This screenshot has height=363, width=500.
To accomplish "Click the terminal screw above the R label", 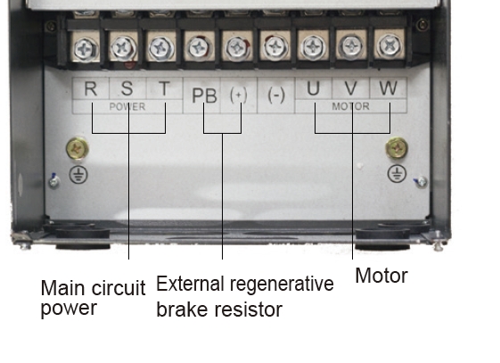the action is [86, 49].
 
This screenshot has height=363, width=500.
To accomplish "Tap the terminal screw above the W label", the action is [389, 46].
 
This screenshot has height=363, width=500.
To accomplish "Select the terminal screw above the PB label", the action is [199, 48].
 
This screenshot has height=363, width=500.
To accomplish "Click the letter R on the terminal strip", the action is [91, 88].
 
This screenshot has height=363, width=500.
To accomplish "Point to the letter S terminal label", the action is [127, 88].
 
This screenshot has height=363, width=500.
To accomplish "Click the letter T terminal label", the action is [164, 88].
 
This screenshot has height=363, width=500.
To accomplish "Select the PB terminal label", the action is [204, 95].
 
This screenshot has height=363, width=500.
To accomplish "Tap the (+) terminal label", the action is [239, 95].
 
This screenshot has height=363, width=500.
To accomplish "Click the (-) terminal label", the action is [275, 95].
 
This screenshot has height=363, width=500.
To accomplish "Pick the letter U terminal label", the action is [313, 88].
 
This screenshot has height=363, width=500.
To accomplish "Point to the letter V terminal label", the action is [351, 88].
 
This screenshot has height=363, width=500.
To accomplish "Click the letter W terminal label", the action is [388, 87].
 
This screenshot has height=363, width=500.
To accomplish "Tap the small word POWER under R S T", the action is [127, 106].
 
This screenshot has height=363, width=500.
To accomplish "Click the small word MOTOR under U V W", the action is [351, 106].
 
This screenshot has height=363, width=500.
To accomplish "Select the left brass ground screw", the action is [78, 148].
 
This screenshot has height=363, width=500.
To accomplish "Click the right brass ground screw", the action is [397, 148].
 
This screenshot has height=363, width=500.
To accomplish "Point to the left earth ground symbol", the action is [78, 175].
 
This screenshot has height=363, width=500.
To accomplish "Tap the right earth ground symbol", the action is [397, 174].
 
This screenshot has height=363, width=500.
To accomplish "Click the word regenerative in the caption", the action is [282, 285].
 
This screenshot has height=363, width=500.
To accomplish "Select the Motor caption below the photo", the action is [381, 276].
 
